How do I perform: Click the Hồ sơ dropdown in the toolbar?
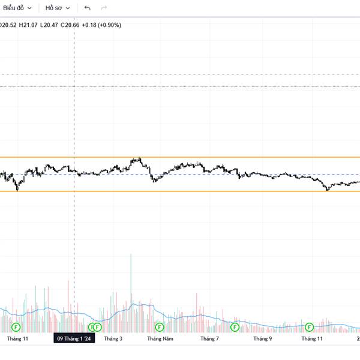point(58,8)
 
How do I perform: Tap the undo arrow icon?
point(87,8)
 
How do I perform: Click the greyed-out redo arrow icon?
point(104,8)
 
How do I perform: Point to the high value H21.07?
point(29,25)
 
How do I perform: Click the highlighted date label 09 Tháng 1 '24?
point(74,339)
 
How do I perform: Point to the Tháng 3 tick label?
point(113,339)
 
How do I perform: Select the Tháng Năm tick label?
point(160,339)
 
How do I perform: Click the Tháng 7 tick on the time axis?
point(209,339)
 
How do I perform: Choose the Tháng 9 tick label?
point(262,339)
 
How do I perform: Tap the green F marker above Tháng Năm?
point(160,327)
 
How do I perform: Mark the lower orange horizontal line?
point(180,191)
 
